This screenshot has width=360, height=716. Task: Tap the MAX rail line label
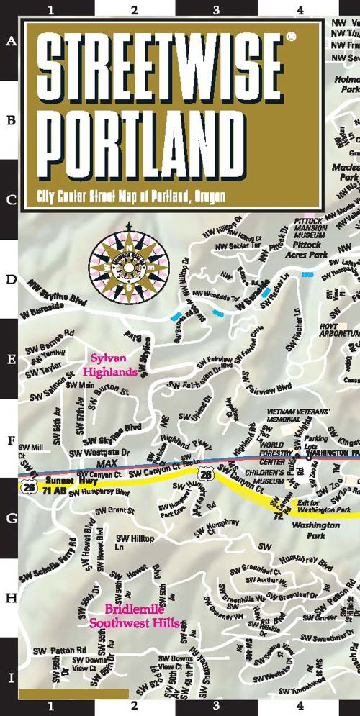point(107,463)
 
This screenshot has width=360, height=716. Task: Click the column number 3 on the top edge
point(217,10)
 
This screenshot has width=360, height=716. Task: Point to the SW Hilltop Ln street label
point(130,542)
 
